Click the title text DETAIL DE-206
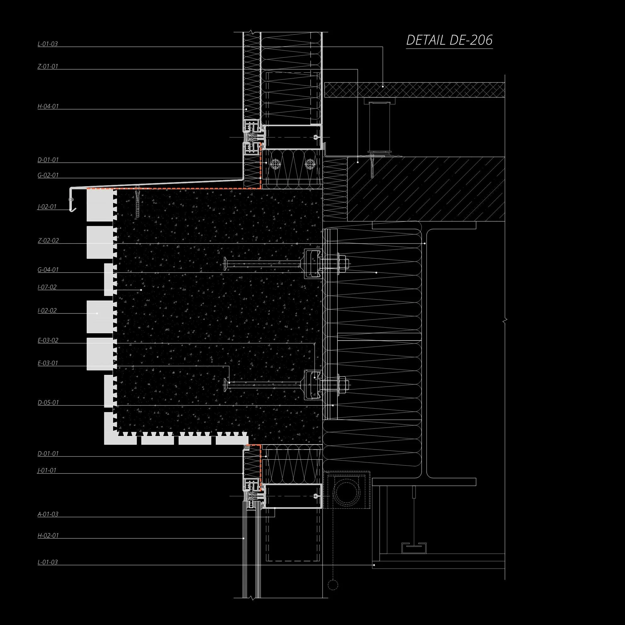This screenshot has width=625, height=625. pyautogui.click(x=449, y=40)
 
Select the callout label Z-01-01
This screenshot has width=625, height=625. pyautogui.click(x=48, y=66)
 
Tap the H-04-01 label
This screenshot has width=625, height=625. pyautogui.click(x=48, y=106)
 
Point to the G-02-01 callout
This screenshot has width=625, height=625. pyautogui.click(x=48, y=175)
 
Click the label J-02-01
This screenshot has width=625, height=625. pyautogui.click(x=47, y=206)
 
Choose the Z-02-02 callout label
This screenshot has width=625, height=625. pyautogui.click(x=48, y=240)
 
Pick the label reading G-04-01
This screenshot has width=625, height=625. pyautogui.click(x=48, y=269)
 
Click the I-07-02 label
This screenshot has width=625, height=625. pyautogui.click(x=47, y=287)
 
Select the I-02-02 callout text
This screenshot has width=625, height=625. pyautogui.click(x=47, y=310)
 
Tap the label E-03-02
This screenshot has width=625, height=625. pyautogui.click(x=48, y=340)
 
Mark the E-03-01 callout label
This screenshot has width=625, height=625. pyautogui.click(x=48, y=363)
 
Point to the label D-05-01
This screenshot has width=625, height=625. pyautogui.click(x=48, y=402)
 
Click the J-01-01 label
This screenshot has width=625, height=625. pyautogui.click(x=47, y=470)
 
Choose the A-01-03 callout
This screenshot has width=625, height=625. pyautogui.click(x=48, y=514)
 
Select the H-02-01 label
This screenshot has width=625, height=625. pyautogui.click(x=48, y=536)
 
